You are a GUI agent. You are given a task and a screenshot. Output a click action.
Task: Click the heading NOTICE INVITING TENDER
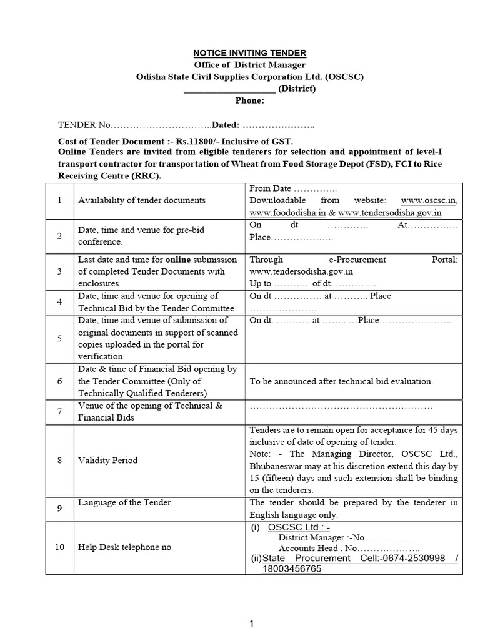click(x=249, y=53)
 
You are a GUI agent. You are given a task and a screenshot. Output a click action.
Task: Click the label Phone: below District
click(x=249, y=100)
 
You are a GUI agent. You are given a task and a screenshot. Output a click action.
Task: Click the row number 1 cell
click(x=59, y=200)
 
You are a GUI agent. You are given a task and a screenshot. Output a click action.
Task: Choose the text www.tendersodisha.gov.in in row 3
click(x=301, y=271)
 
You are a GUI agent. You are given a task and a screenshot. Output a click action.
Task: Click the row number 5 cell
click(x=59, y=338)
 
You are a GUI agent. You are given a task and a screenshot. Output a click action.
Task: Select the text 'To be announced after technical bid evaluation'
click(x=341, y=381)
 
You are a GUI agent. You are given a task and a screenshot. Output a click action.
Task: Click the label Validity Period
click(x=107, y=461)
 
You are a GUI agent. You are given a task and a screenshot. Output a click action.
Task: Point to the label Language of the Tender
click(x=124, y=502)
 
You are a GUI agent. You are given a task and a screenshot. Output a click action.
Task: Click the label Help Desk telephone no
click(x=124, y=547)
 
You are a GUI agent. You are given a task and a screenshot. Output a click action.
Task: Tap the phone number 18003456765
click(x=292, y=570)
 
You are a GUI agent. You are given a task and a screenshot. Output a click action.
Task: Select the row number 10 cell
click(x=59, y=547)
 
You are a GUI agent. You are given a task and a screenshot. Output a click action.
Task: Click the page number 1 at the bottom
click(x=251, y=623)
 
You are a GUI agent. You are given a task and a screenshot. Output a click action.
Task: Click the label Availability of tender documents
click(x=141, y=200)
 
